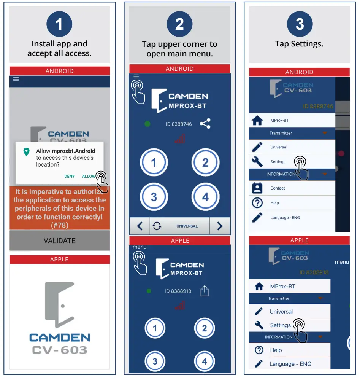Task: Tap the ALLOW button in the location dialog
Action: coord(89,176)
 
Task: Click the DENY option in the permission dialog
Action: coord(70,176)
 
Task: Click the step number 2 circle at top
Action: coord(179,24)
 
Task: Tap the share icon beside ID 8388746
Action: coord(205,124)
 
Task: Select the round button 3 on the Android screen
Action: coord(154,197)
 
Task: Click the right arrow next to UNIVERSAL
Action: coord(219,226)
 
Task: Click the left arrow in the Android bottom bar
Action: coord(140,226)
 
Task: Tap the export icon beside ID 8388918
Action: coord(205,291)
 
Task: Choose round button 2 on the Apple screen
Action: coord(205,328)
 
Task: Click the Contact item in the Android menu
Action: coord(278,188)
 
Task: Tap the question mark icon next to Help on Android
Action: coord(257,203)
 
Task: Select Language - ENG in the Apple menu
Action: coord(290,364)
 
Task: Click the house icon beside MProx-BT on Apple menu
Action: coord(259,287)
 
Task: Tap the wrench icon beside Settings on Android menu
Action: coord(257,162)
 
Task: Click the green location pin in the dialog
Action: coord(26,152)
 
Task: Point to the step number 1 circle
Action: coord(59,24)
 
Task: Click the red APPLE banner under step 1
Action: coord(59,260)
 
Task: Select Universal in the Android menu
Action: coord(279,147)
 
